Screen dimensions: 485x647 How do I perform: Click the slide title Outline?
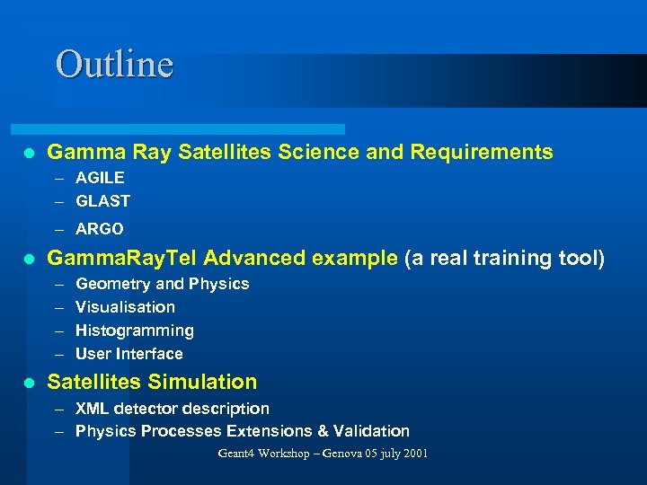point(114,65)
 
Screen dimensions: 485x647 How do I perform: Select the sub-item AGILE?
point(100,178)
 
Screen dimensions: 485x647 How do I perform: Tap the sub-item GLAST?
point(102,201)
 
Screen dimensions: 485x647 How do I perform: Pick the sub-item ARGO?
point(100,229)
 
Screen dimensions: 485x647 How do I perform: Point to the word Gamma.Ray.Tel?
point(121,259)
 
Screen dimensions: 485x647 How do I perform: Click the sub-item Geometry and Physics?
point(162,284)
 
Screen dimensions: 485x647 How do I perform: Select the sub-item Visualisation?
point(125,307)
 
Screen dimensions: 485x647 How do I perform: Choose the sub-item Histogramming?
point(134,331)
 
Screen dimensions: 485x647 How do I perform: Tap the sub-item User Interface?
point(129,354)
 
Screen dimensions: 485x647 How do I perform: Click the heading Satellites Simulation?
point(152,382)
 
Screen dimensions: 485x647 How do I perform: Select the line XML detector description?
point(172,409)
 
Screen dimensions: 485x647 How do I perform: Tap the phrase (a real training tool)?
point(505,259)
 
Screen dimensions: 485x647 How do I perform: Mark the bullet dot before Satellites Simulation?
point(29,383)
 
